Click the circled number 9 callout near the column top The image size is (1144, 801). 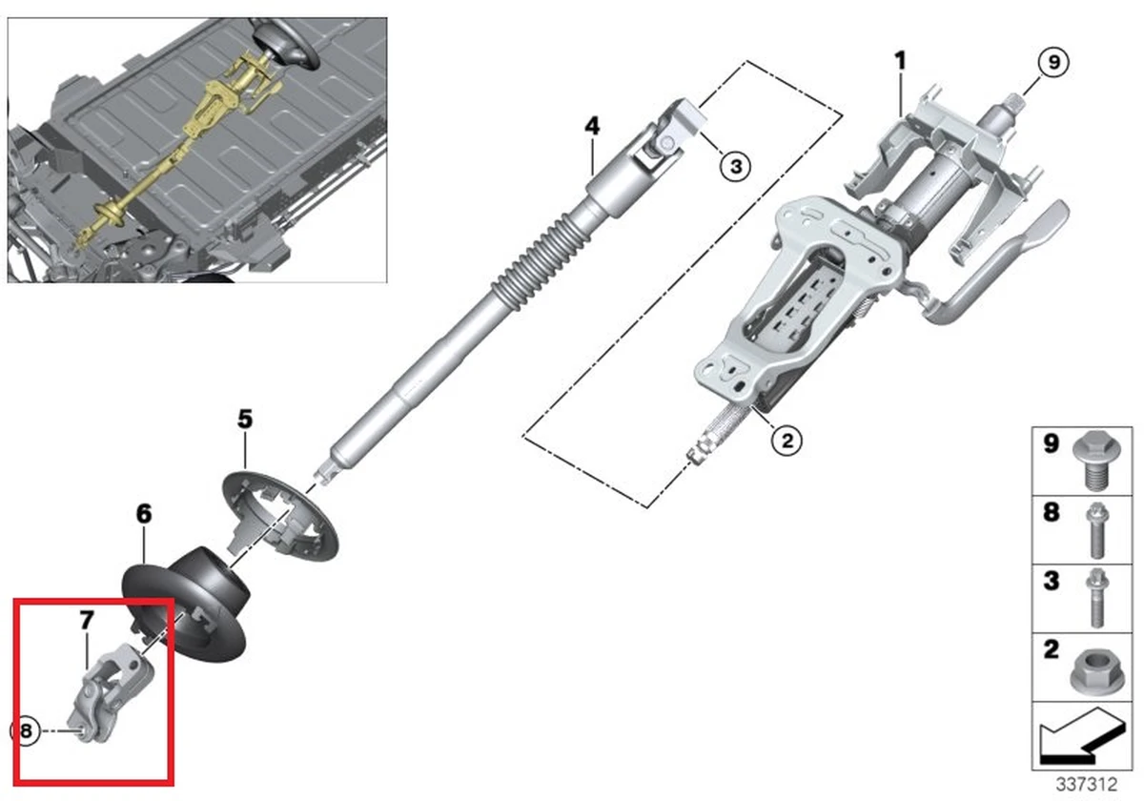point(1053,63)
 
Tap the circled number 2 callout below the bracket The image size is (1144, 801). point(786,440)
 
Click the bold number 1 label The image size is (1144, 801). point(899,61)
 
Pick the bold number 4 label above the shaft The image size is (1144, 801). point(592,124)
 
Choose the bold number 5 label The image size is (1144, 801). point(245,418)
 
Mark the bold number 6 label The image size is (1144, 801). point(143,514)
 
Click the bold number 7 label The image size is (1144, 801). point(86,621)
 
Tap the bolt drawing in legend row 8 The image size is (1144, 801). point(1094,529)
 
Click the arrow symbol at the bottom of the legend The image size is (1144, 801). point(1076,739)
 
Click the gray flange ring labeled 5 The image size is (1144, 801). point(280,515)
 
